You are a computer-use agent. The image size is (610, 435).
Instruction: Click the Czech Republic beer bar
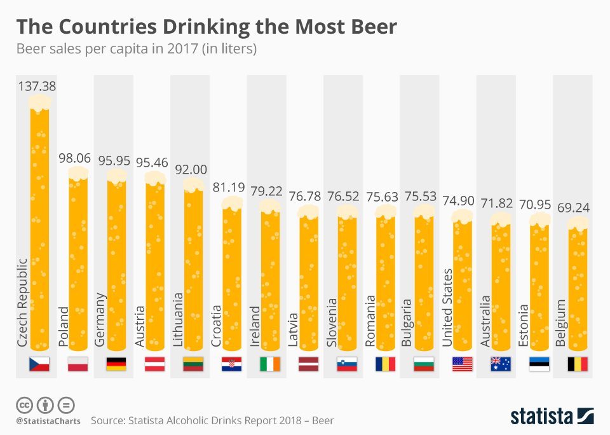click(40, 229)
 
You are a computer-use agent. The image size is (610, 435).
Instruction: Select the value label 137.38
click(37, 86)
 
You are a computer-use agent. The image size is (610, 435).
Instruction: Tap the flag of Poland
click(78, 364)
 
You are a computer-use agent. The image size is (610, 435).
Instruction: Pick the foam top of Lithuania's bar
click(193, 185)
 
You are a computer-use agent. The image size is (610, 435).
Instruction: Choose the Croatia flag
click(231, 364)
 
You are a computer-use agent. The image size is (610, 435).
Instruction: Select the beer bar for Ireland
click(270, 280)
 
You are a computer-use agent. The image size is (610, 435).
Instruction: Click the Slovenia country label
click(331, 322)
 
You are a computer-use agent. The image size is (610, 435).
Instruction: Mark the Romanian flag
click(385, 364)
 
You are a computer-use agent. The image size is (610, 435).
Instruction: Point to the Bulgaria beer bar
click(424, 280)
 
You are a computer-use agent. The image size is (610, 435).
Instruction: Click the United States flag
click(462, 364)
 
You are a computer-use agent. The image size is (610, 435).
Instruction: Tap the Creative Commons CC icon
click(24, 404)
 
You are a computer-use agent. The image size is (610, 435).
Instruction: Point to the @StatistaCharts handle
click(48, 421)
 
